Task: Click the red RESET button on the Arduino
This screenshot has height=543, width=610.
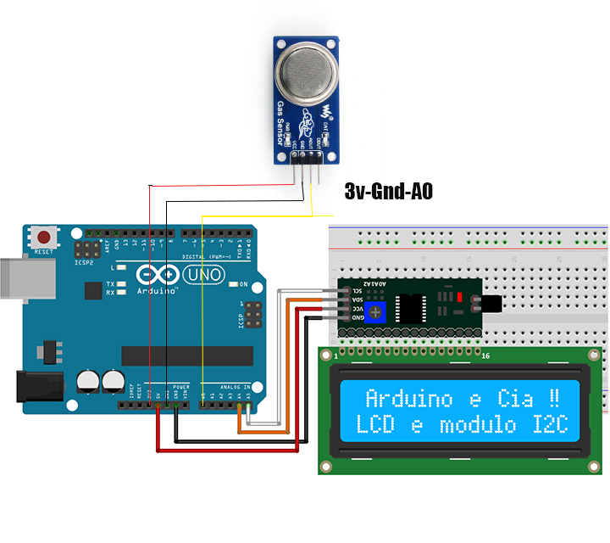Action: tap(43, 235)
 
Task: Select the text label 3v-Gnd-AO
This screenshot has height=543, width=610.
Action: tap(388, 193)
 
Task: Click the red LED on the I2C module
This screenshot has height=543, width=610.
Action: tap(459, 298)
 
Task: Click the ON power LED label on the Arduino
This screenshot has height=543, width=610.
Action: tap(243, 284)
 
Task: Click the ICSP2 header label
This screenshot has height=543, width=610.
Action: tap(84, 262)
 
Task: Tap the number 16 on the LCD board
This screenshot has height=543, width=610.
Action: tap(485, 357)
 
